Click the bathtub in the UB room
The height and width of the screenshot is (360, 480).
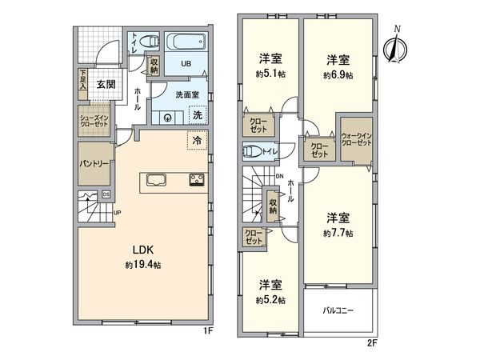[x=186, y=42]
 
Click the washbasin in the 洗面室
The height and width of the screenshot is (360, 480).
[x=167, y=117]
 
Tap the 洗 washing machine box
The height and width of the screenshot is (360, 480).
[x=197, y=115]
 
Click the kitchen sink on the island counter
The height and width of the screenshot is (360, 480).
[x=156, y=178]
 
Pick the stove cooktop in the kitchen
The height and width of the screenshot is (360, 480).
[x=197, y=179]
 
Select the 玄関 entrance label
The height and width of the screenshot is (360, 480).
[x=107, y=83]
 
